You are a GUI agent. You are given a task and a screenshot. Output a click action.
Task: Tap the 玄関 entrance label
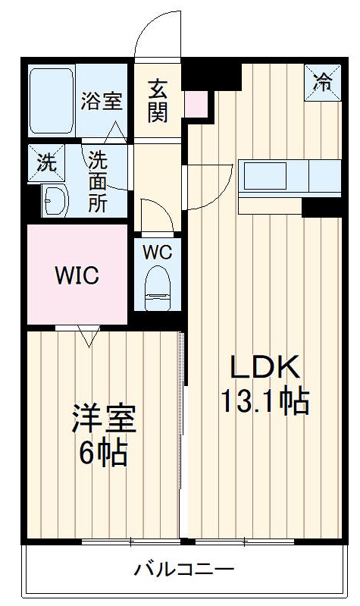pyautogui.click(x=158, y=100)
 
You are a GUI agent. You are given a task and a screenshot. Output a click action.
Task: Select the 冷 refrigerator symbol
pyautogui.click(x=323, y=81)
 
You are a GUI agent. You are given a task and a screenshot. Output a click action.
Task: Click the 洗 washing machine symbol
pyautogui.click(x=47, y=161)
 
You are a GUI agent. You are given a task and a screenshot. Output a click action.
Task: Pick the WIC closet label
pyautogui.click(x=77, y=275)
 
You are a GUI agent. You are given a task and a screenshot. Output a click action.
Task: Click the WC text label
pyautogui.click(x=158, y=250)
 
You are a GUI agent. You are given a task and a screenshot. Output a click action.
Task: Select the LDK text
pyautogui.click(x=265, y=367)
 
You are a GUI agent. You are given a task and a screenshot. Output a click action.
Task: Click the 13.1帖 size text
pyautogui.click(x=265, y=400)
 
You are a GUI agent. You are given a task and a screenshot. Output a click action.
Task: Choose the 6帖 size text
pyautogui.click(x=105, y=454)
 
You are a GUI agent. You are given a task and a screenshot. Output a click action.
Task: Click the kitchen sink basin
pyautogui.click(x=265, y=177)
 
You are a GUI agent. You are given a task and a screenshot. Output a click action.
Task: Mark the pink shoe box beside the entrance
pyautogui.click(x=195, y=105)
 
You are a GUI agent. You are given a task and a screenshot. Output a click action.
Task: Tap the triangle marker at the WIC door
pyautogui.click(x=89, y=337)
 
